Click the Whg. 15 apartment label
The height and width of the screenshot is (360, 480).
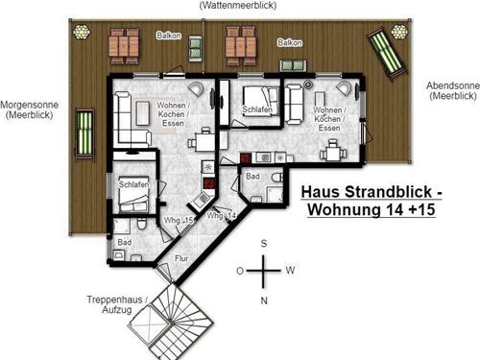tap(179, 221)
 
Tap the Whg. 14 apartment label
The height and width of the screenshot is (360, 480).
tap(222, 216)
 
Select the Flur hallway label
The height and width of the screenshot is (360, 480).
tap(181, 258)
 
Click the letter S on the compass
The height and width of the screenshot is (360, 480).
tap(264, 244)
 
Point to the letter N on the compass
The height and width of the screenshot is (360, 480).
tap(264, 300)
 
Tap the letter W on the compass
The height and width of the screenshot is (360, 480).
tap(290, 271)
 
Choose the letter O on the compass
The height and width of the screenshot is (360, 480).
tap(240, 271)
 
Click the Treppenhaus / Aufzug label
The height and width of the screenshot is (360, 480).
tap(117, 304)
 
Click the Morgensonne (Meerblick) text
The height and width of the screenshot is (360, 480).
tap(30, 109)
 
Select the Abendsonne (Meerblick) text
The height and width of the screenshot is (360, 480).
tap(453, 90)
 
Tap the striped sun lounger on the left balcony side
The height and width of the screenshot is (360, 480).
tap(84, 134)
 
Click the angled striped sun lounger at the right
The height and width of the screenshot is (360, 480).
tap(386, 53)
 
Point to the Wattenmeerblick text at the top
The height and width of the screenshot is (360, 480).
tap(238, 5)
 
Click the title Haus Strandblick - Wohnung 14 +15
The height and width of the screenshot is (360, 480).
tap(372, 201)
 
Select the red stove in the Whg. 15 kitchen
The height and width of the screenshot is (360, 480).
tap(209, 183)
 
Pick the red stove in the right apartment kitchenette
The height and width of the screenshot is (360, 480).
tap(246, 158)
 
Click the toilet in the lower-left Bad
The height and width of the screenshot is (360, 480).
tap(142, 224)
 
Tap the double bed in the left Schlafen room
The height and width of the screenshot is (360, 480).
tap(134, 194)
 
